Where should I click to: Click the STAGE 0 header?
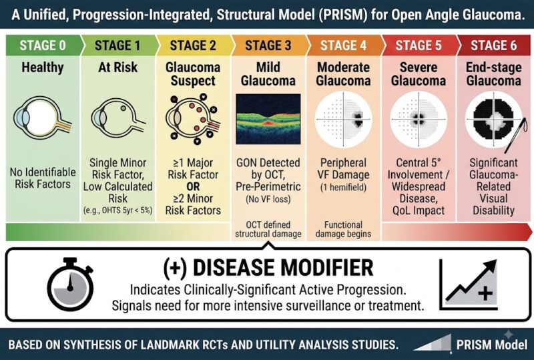(x=43, y=45)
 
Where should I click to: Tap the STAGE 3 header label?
(x=268, y=45)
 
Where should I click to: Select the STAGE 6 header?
(x=493, y=45)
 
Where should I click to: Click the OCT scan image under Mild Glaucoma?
(x=268, y=119)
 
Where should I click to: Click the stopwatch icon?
(x=71, y=284)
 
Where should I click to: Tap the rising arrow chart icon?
(x=468, y=285)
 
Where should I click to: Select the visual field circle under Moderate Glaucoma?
(x=343, y=120)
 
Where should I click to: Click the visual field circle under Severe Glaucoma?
(x=419, y=120)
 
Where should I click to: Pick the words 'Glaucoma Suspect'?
(x=193, y=74)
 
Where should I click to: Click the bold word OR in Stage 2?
(x=193, y=186)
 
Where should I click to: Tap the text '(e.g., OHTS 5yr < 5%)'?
(x=118, y=210)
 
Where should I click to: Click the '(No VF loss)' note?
(x=268, y=199)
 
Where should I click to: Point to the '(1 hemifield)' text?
(x=343, y=187)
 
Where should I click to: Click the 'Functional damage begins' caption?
(x=343, y=229)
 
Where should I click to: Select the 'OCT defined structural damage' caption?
(x=268, y=229)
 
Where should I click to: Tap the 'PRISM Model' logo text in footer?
(x=492, y=345)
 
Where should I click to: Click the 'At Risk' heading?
(x=118, y=67)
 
